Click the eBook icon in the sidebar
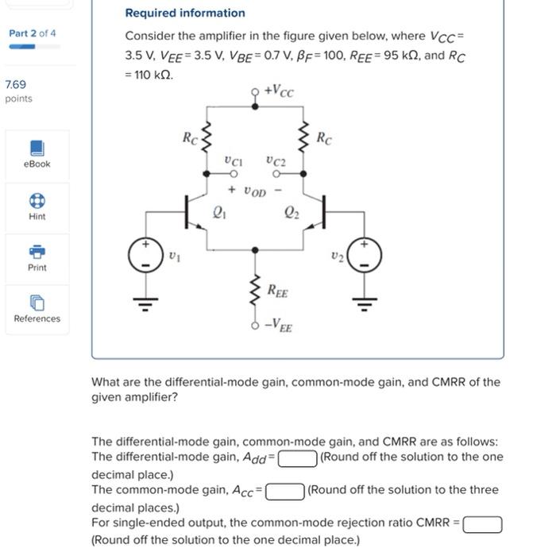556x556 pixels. pos(37,149)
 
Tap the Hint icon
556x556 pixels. pos(37,200)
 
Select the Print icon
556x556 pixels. pos(37,252)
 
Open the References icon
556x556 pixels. pos(37,303)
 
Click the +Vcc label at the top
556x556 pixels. pos(277,92)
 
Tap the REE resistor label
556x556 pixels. pos(277,293)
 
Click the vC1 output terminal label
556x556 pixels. pos(233,160)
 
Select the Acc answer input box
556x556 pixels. pos(284,491)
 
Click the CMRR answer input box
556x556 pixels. pos(482,523)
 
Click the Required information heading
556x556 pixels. pos(185,13)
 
